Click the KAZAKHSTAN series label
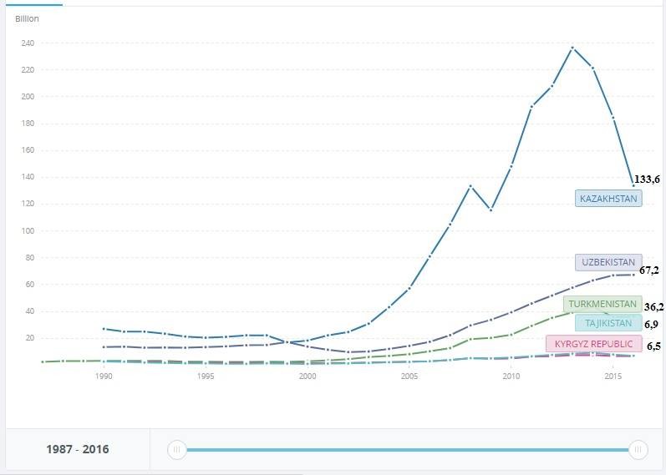pyautogui.click(x=608, y=199)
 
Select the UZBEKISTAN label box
pyautogui.click(x=608, y=262)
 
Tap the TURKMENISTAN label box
pyautogui.click(x=602, y=305)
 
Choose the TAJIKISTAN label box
pyautogui.click(x=608, y=323)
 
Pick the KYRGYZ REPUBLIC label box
pyautogui.click(x=593, y=344)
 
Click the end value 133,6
pyautogui.click(x=647, y=179)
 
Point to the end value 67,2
pyautogui.click(x=649, y=270)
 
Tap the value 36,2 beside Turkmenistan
pyautogui.click(x=654, y=307)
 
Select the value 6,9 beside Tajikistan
pyautogui.click(x=652, y=324)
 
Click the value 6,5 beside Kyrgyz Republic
pyautogui.click(x=653, y=346)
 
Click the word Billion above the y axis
pyautogui.click(x=27, y=18)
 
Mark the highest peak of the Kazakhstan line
pyautogui.click(x=572, y=48)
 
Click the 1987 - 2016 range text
pyautogui.click(x=77, y=450)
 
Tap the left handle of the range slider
pyautogui.click(x=176, y=450)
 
